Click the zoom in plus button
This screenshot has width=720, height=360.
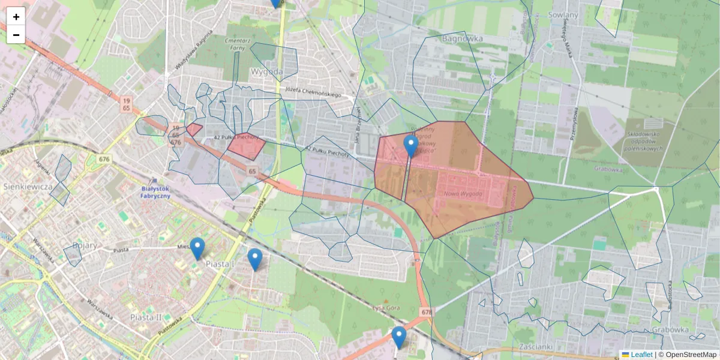tap(16, 17)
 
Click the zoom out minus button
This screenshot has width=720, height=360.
tap(16, 35)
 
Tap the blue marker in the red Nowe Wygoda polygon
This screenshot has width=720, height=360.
tap(411, 146)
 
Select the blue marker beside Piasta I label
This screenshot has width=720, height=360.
tap(197, 248)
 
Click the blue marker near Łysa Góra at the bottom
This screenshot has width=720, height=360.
tap(399, 337)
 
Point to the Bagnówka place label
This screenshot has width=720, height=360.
tap(462, 38)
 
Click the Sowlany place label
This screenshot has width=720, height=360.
tap(563, 15)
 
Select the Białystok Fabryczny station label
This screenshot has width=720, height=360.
tap(155, 191)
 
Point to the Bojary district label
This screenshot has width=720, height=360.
tap(85, 245)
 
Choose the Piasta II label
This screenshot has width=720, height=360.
tap(146, 317)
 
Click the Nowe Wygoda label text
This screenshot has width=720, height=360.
tap(463, 194)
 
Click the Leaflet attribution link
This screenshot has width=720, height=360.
tap(641, 355)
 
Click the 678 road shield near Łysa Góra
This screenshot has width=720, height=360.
tap(427, 312)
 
